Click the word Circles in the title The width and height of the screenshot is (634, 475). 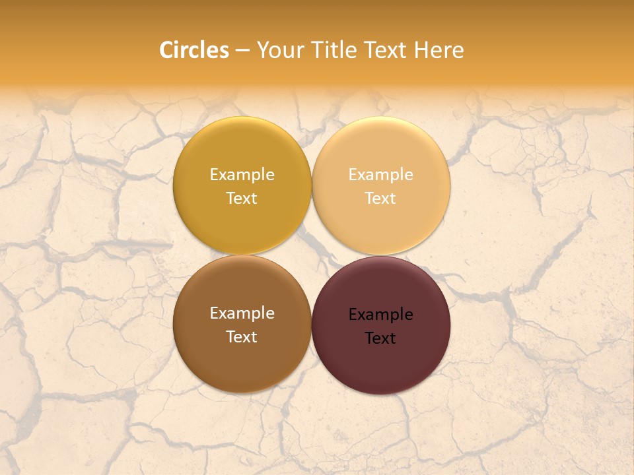[194, 50]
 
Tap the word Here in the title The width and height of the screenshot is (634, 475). [439, 50]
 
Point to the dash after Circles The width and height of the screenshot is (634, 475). [242, 51]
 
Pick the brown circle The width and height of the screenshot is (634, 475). [242, 363]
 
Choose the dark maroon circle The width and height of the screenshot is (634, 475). [381, 366]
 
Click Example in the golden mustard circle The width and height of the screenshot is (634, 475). [242, 175]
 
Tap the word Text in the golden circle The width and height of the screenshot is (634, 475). [242, 199]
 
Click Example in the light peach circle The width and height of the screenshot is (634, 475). [380, 175]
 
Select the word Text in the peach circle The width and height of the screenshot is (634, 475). [380, 199]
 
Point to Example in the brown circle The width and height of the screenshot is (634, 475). [242, 313]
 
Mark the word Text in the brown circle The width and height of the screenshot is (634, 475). [242, 337]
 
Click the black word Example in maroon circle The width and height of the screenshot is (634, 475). [380, 315]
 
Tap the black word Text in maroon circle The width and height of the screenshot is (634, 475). [380, 338]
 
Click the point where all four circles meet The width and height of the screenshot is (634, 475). [312, 255]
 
